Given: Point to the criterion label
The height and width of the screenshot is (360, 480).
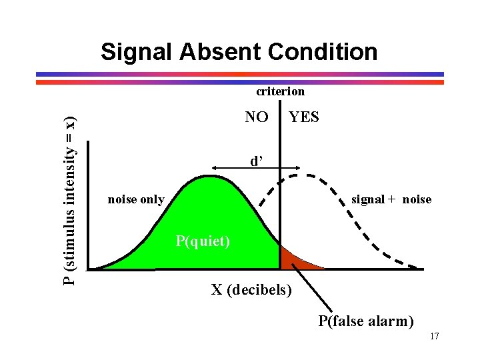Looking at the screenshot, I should tap(281, 91).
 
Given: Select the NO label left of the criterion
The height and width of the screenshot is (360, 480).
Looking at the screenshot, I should tap(257, 117).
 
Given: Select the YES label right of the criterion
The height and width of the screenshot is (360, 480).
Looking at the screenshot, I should tap(304, 117).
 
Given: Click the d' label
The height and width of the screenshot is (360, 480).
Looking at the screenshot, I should tap(256, 161).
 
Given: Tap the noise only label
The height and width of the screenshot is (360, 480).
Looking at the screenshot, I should tap(136, 199).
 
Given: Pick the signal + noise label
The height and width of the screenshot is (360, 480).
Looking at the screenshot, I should tap(391, 199).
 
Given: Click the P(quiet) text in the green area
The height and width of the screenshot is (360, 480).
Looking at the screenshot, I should tap(203, 241).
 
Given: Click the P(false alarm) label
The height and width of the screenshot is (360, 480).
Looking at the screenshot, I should tap(366, 321).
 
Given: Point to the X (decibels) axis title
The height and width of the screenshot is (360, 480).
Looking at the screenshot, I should tap(251, 290).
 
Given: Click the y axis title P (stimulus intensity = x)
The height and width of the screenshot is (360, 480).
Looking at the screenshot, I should tap(69, 200).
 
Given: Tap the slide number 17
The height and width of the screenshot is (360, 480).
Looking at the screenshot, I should tap(434, 336).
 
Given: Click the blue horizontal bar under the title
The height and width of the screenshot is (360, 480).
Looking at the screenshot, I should tap(240, 74).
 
